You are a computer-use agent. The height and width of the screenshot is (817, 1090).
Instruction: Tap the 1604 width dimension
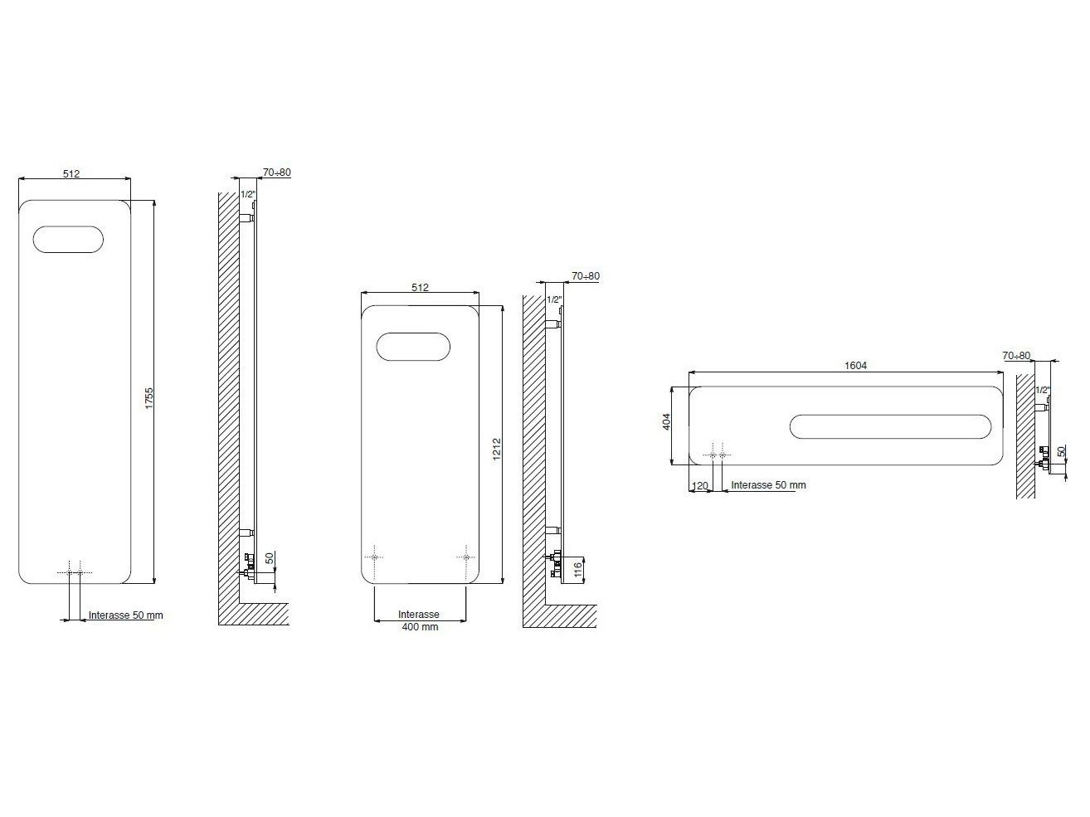pyautogui.click(x=855, y=366)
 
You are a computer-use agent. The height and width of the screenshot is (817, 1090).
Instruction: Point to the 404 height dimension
pyautogui.click(x=666, y=421)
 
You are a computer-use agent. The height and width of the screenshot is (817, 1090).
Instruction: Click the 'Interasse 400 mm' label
pyautogui.click(x=419, y=620)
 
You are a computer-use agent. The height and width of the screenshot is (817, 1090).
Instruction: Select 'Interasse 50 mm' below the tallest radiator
pyautogui.click(x=126, y=616)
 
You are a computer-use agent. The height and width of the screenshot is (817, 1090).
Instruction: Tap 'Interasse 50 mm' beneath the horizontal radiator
pyautogui.click(x=768, y=485)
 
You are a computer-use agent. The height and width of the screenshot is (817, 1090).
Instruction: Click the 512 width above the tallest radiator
pyautogui.click(x=71, y=173)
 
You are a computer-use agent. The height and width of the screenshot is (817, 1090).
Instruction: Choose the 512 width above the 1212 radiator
pyautogui.click(x=420, y=288)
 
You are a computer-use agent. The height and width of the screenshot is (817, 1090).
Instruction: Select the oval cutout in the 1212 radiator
pyautogui.click(x=412, y=347)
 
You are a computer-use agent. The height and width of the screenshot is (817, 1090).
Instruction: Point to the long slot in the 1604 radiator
pyautogui.click(x=889, y=426)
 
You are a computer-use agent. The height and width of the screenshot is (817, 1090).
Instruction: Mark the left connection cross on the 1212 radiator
pyautogui.click(x=375, y=557)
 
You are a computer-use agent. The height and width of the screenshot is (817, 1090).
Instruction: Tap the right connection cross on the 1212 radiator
pyautogui.click(x=466, y=557)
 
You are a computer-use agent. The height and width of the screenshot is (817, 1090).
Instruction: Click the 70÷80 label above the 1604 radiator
pyautogui.click(x=1016, y=356)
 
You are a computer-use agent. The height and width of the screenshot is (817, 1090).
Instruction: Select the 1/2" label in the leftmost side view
pyautogui.click(x=247, y=195)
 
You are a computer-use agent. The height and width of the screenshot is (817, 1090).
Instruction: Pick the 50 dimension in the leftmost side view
pyautogui.click(x=269, y=558)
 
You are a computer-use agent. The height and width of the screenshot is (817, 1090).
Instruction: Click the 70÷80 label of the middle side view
pyautogui.click(x=585, y=276)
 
